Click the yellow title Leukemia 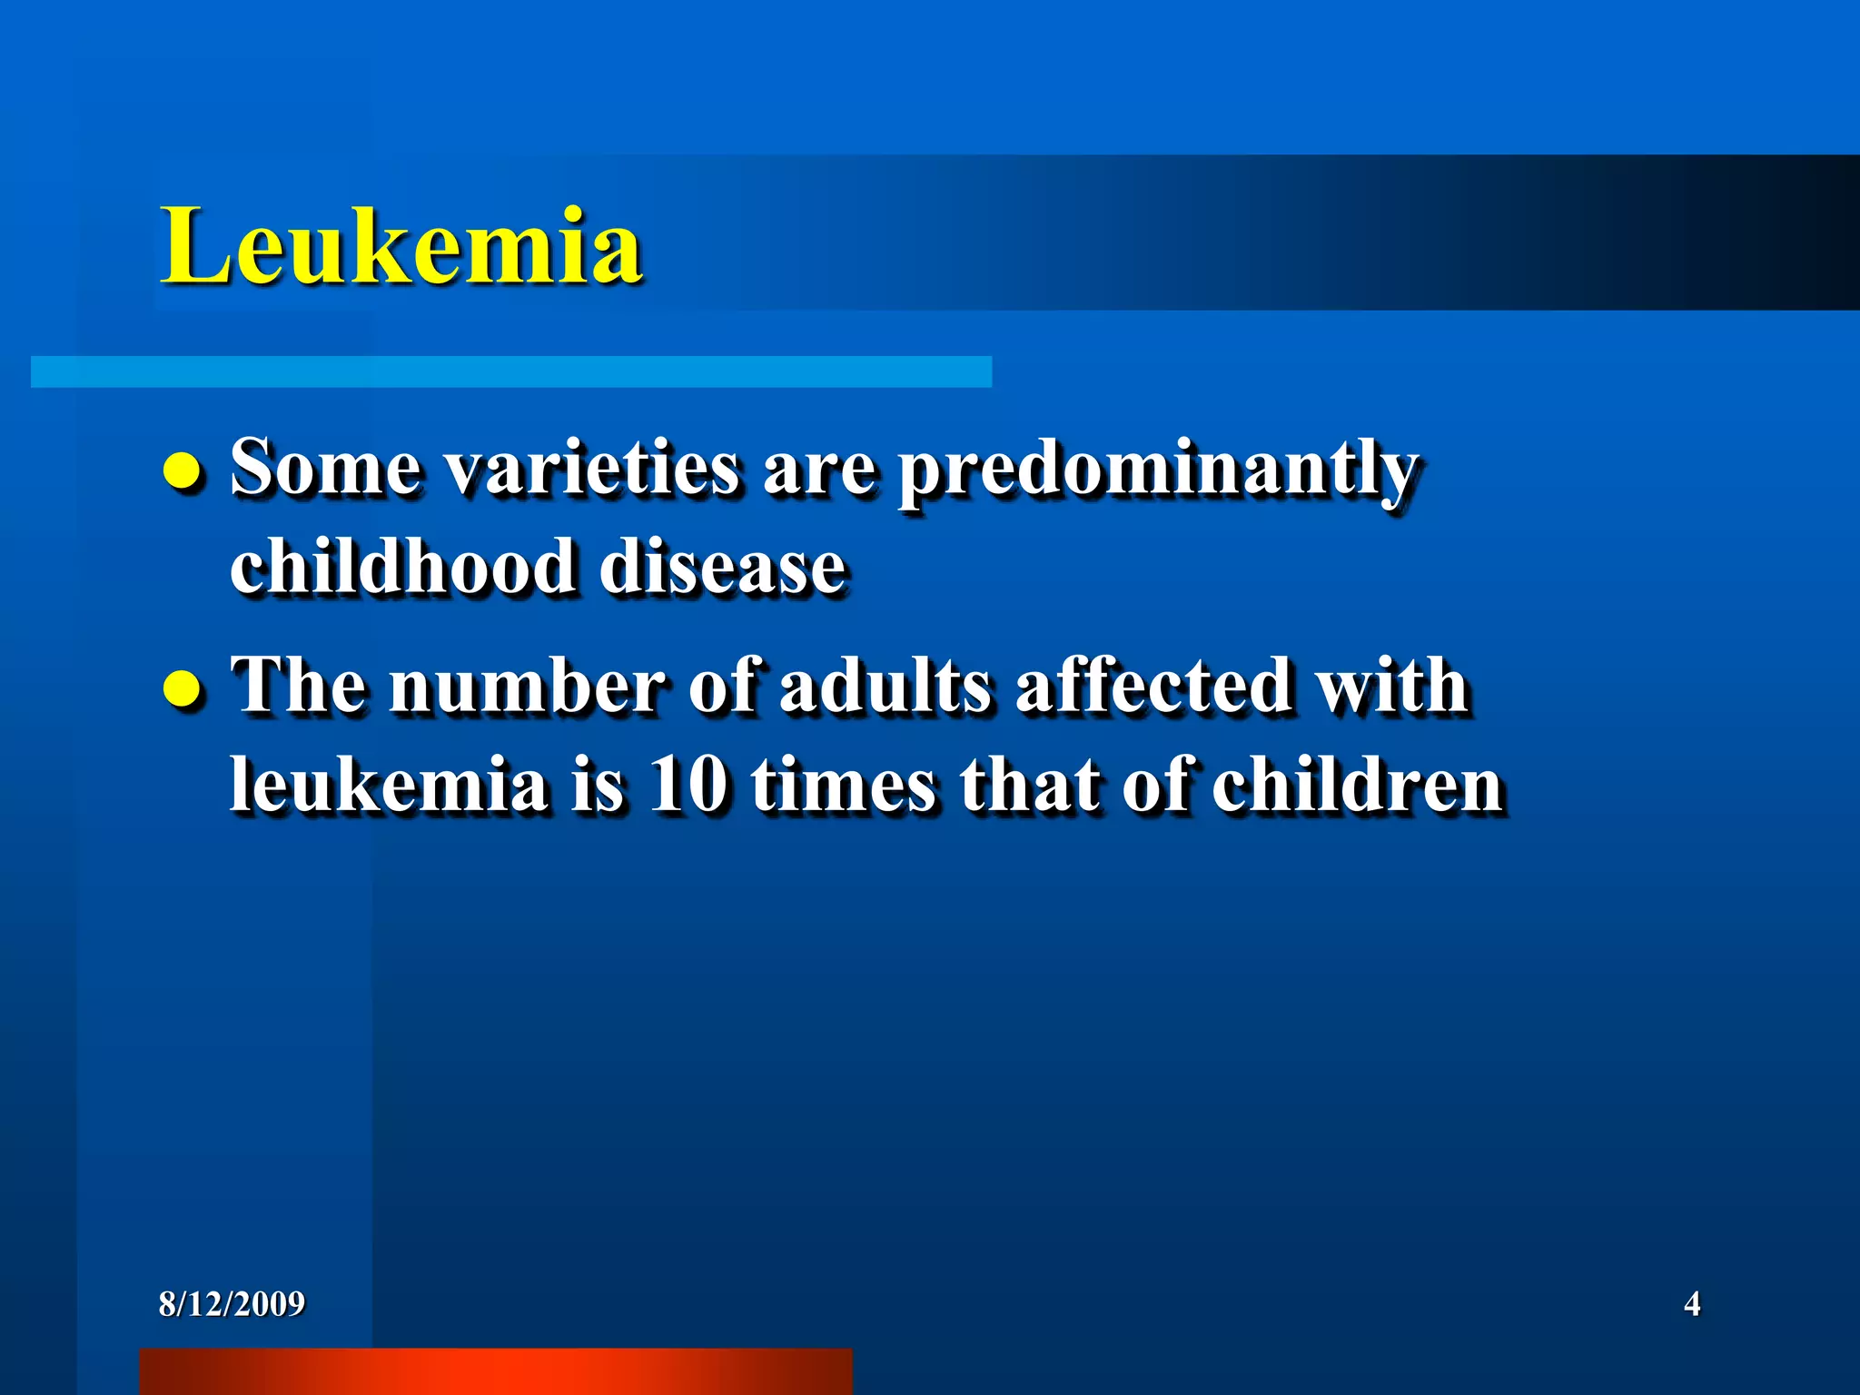click(x=401, y=246)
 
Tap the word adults click(x=885, y=686)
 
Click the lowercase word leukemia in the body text click(x=389, y=785)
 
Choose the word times click(x=843, y=785)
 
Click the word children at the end click(x=1358, y=785)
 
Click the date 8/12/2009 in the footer click(x=232, y=1304)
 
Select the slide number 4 click(x=1692, y=1304)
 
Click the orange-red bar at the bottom click(x=495, y=1371)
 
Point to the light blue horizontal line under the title click(x=510, y=371)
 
